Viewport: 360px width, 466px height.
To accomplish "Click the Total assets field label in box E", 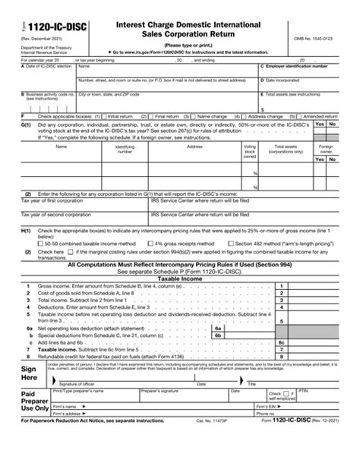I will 293,94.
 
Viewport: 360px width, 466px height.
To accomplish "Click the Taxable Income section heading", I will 179,279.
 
